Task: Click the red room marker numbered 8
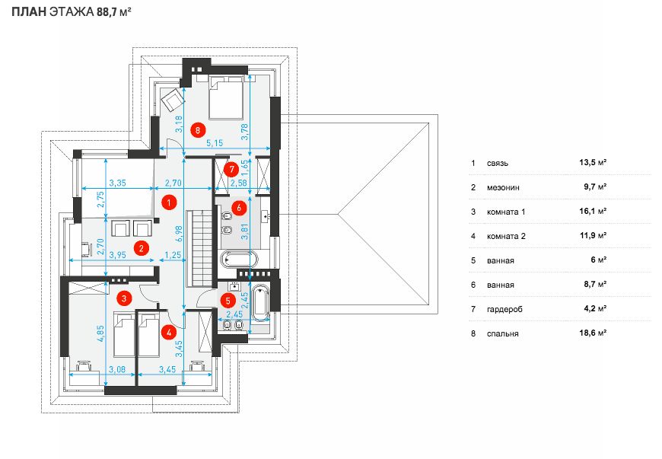pos(198,129)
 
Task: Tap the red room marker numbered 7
pos(231,170)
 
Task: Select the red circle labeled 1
pos(168,203)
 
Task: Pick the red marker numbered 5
pos(228,301)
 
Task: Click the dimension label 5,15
pos(215,143)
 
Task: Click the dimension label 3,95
pos(117,255)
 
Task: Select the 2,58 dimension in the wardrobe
pos(238,183)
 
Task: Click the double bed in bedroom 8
pos(226,97)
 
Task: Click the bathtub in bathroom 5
pos(260,303)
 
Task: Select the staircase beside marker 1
pos(202,249)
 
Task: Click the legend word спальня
pos(502,333)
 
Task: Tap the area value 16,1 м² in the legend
pos(593,211)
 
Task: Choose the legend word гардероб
pos(504,310)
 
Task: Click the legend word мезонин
pos(503,187)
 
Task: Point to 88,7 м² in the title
pos(114,12)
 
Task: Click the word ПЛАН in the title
pos(29,12)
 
